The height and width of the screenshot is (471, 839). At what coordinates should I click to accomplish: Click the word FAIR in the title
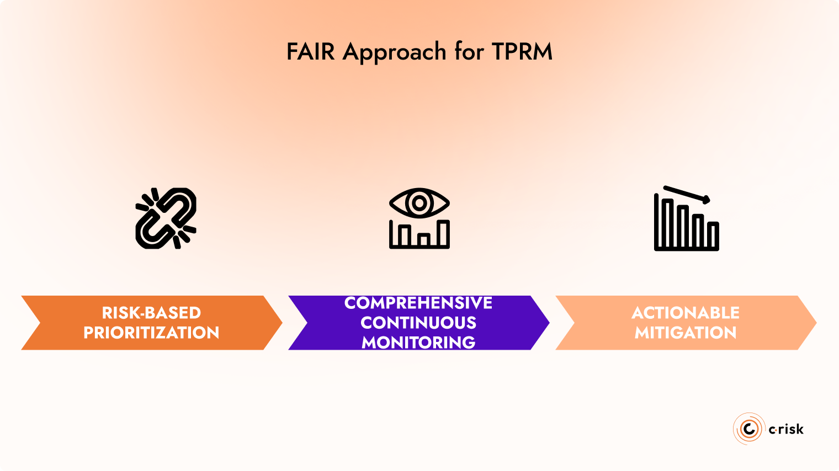[310, 52]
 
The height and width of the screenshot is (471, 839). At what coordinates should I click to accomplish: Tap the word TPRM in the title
[522, 52]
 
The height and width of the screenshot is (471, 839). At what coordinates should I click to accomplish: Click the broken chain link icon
[166, 218]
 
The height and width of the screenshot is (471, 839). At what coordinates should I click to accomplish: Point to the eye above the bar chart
[419, 203]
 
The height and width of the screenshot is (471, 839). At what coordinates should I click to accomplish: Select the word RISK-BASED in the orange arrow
[151, 313]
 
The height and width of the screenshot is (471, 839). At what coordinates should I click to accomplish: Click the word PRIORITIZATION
[151, 333]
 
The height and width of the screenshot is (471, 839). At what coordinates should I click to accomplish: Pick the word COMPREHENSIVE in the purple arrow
[418, 303]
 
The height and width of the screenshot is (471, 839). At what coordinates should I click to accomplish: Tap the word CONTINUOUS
[418, 323]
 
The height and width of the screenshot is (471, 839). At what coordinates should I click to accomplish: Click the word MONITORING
[418, 342]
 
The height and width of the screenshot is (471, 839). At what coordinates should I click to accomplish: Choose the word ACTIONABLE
[686, 313]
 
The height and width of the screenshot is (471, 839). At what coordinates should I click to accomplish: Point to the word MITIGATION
[686, 333]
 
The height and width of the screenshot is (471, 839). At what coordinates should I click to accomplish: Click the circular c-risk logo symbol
[749, 429]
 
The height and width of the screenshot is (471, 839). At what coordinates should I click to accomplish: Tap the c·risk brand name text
[786, 429]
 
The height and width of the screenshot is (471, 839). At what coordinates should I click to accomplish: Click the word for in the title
[469, 52]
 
